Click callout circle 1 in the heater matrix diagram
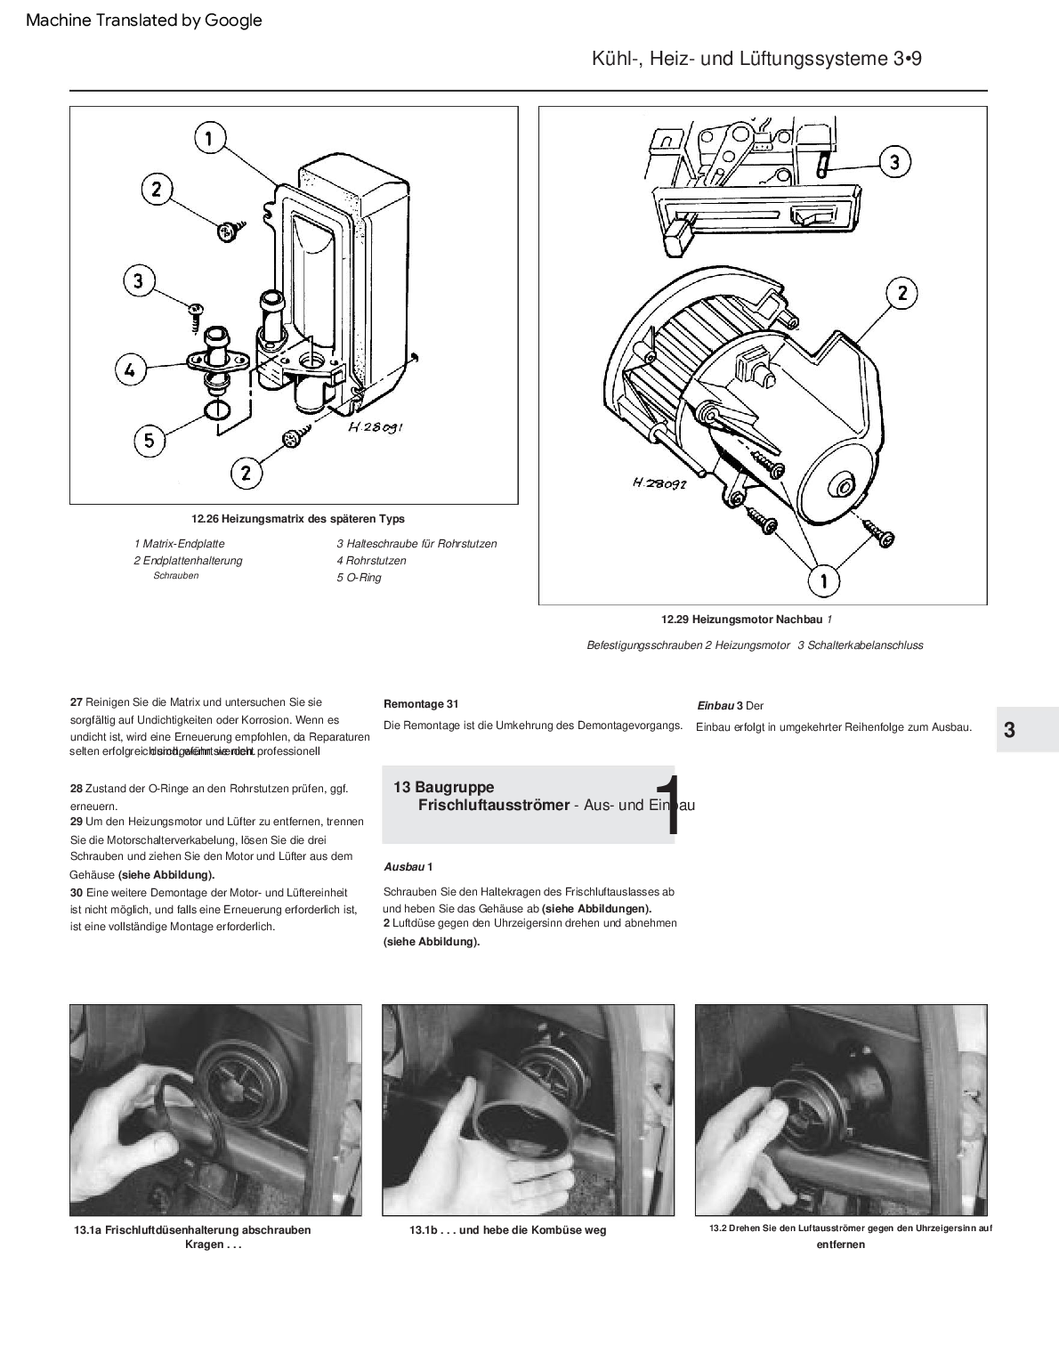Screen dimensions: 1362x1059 click(x=209, y=138)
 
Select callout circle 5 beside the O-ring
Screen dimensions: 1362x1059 click(x=150, y=439)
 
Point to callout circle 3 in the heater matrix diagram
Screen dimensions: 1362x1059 click(x=138, y=281)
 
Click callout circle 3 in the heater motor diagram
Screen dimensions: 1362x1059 click(x=894, y=162)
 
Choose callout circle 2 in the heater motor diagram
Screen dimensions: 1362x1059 click(x=901, y=293)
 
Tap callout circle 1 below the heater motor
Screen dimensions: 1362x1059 click(x=823, y=580)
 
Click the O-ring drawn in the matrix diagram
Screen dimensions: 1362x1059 click(x=216, y=410)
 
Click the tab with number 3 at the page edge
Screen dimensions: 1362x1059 click(x=1009, y=730)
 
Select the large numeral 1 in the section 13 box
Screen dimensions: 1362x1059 click(x=669, y=805)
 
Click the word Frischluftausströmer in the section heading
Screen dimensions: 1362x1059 click(x=493, y=805)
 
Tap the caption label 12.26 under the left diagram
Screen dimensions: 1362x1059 click(x=205, y=519)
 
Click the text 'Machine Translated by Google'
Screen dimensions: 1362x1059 click(x=144, y=20)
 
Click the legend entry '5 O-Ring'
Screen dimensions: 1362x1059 click(x=359, y=578)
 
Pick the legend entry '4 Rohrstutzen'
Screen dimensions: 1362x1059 click(x=371, y=561)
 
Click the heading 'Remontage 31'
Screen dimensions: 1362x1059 click(x=421, y=704)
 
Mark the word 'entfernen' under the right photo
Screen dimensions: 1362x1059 click(x=840, y=1244)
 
